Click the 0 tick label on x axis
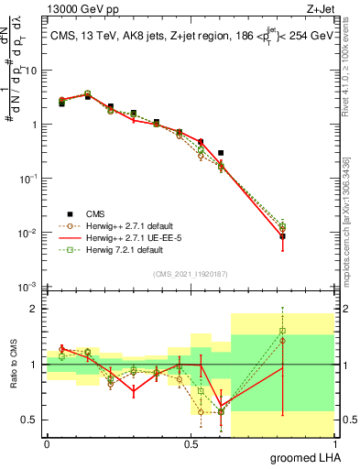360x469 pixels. [x=47, y=442]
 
